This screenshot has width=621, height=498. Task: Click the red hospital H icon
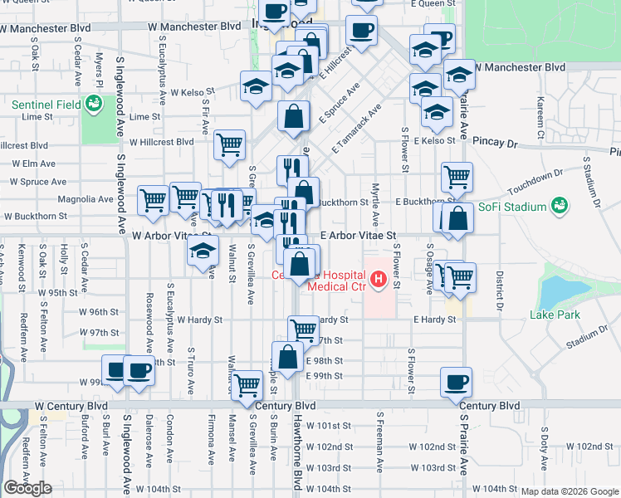(379, 279)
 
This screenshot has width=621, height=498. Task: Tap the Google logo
(27, 488)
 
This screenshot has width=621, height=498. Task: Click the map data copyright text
(570, 491)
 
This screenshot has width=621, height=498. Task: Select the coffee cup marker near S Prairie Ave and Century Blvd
(456, 383)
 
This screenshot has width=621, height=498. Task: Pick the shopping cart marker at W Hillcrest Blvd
(229, 144)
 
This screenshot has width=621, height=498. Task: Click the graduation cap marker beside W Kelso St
(256, 85)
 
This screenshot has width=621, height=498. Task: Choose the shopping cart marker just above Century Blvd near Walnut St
(247, 385)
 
